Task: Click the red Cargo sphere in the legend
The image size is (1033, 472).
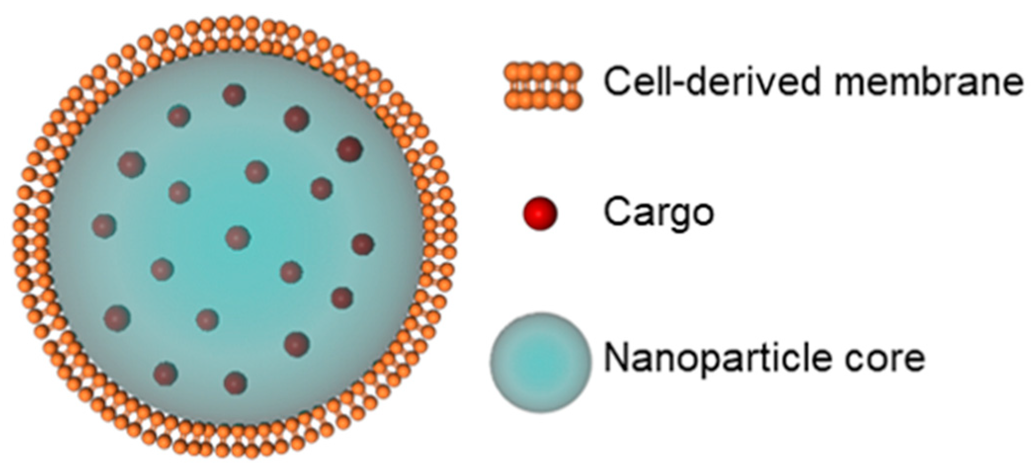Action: tap(539, 213)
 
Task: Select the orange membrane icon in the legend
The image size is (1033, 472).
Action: tap(543, 86)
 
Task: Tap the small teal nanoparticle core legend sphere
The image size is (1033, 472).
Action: tap(540, 362)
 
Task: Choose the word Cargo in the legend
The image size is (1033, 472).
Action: tap(659, 213)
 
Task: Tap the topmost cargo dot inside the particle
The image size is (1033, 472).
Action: tap(234, 95)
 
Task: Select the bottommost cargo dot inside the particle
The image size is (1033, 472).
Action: tap(235, 383)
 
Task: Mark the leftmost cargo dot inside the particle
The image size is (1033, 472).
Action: tap(104, 226)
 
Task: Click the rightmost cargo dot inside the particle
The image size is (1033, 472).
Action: tap(363, 244)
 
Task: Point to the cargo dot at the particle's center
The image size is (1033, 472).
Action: tap(238, 237)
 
